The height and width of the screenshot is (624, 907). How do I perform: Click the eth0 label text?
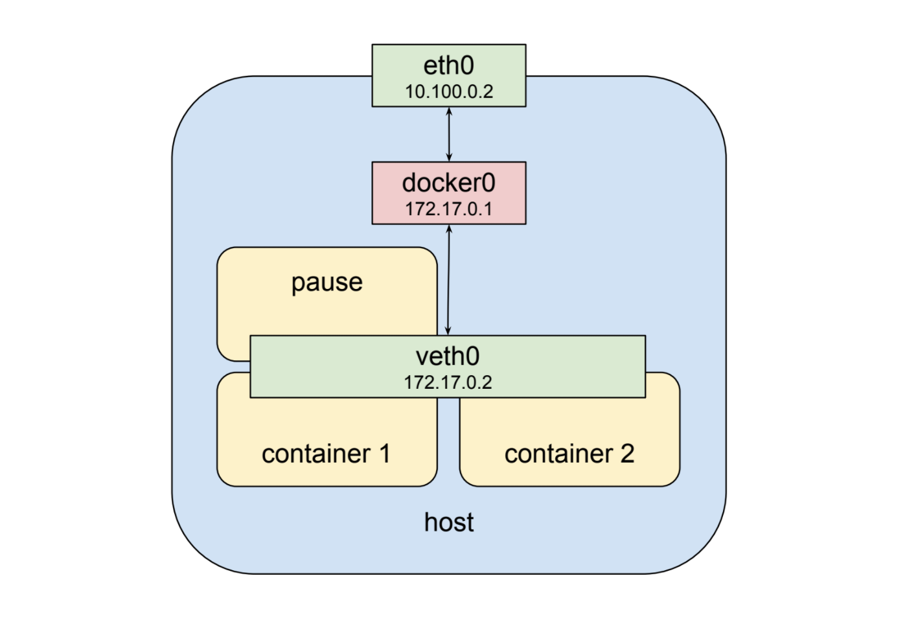click(x=448, y=65)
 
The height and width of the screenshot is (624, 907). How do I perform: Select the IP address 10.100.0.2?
click(x=448, y=91)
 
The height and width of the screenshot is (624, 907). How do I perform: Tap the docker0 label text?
click(x=448, y=183)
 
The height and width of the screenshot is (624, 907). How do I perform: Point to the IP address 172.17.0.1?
click(x=448, y=209)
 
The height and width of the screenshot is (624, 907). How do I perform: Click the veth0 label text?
click(x=448, y=356)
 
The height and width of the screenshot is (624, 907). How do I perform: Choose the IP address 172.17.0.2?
click(x=448, y=382)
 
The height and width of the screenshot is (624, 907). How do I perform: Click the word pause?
click(x=327, y=283)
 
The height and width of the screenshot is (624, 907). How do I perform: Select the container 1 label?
click(x=326, y=454)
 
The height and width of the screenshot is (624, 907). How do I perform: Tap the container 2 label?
click(x=569, y=454)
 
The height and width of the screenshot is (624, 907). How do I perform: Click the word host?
click(x=448, y=522)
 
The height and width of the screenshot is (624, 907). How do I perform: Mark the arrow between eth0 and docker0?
click(x=449, y=134)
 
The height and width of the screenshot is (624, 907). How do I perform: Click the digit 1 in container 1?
click(x=385, y=454)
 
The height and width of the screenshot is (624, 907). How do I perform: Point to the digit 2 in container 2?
click(x=627, y=454)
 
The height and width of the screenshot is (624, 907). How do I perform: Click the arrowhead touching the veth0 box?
click(x=448, y=331)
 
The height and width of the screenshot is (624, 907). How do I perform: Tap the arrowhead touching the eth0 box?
click(x=449, y=111)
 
